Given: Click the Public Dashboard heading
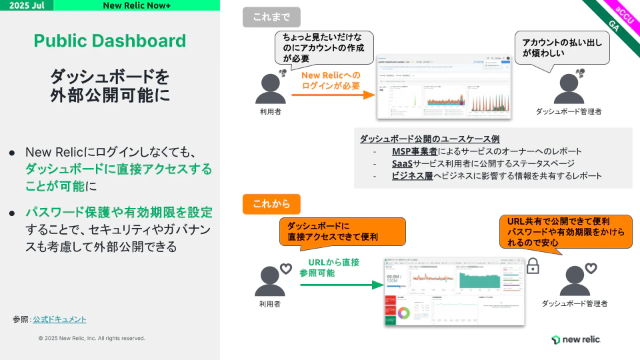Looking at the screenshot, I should coord(110,41).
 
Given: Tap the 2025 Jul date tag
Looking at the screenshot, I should coord(27,5).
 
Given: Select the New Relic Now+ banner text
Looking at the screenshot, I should coord(136,5).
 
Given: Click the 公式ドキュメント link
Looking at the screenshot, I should coord(59,319).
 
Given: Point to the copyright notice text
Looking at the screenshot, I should coord(91,338).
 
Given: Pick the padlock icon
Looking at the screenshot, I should coord(533,266).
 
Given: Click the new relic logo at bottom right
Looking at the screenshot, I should coord(576,339).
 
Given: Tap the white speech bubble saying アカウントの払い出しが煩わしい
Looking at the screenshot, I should coord(562,47).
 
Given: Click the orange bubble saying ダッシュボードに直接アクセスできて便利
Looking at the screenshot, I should coord(342,231).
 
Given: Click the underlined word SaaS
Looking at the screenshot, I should coord(401,163).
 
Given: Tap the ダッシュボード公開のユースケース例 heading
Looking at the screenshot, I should coord(429,139).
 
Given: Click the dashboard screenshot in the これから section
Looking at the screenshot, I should coord(453,291).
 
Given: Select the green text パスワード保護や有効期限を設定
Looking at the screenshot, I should coord(119,213).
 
